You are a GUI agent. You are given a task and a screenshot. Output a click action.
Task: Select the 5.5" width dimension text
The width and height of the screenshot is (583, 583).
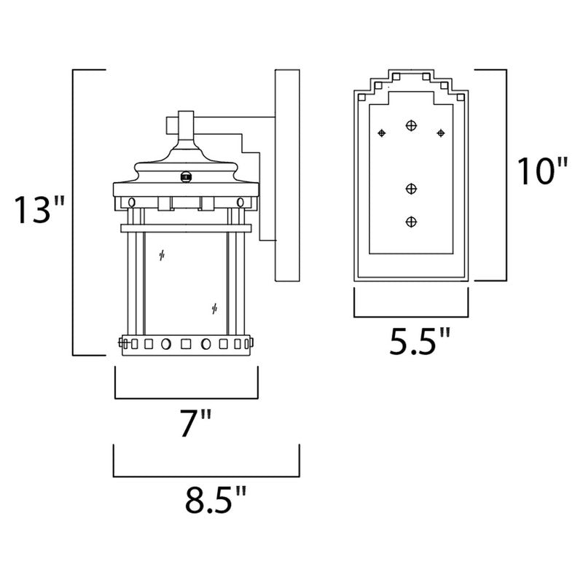(x=419, y=341)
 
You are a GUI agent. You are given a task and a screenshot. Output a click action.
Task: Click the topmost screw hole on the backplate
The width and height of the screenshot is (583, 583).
(x=411, y=125)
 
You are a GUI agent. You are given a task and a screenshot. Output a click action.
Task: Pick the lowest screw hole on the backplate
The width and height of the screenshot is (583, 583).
(x=411, y=221)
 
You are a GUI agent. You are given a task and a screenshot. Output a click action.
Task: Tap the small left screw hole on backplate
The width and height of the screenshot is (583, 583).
(x=381, y=133)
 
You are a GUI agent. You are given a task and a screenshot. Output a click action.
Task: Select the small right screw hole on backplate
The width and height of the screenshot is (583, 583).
(x=440, y=133)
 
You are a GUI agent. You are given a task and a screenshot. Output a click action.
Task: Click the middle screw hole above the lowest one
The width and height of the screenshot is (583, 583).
(x=411, y=189)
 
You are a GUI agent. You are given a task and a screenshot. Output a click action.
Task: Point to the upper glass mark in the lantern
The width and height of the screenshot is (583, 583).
(x=162, y=256)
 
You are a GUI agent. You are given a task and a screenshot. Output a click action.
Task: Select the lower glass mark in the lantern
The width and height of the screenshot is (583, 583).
(x=214, y=308)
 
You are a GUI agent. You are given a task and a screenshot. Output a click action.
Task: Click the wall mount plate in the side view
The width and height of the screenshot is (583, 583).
(x=287, y=175)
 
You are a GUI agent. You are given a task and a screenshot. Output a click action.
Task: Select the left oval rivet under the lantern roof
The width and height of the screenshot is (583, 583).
(x=131, y=201)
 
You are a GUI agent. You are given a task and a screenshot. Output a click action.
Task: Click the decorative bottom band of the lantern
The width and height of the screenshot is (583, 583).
(x=186, y=342)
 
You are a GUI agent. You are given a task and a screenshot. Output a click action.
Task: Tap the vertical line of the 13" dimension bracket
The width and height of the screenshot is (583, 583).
(x=73, y=211)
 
